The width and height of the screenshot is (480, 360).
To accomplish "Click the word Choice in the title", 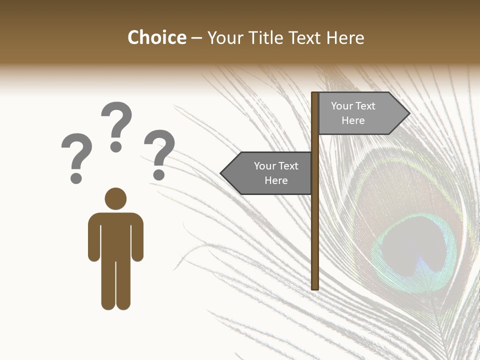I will (x=156, y=37).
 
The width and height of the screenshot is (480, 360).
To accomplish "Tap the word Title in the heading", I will (x=268, y=37).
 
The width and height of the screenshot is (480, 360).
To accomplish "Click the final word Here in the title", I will (x=345, y=37).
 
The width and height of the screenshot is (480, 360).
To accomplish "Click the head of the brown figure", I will (x=115, y=198).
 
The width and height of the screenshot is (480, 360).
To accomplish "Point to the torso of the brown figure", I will (x=115, y=232).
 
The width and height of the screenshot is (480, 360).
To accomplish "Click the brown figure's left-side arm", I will (x=94, y=237).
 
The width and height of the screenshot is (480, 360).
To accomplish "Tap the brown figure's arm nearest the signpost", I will (x=137, y=237).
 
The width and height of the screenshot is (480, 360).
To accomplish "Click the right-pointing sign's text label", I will (x=353, y=113).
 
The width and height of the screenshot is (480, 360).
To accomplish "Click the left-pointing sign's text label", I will (x=275, y=173).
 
